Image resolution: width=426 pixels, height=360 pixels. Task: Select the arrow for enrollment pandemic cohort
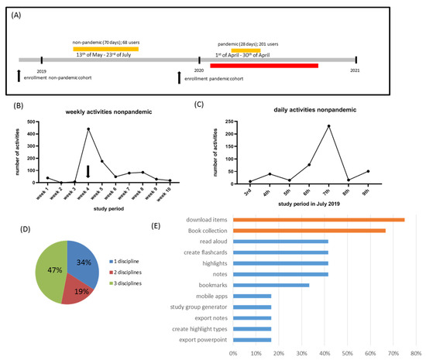180,77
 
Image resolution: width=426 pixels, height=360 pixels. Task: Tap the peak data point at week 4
89,129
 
